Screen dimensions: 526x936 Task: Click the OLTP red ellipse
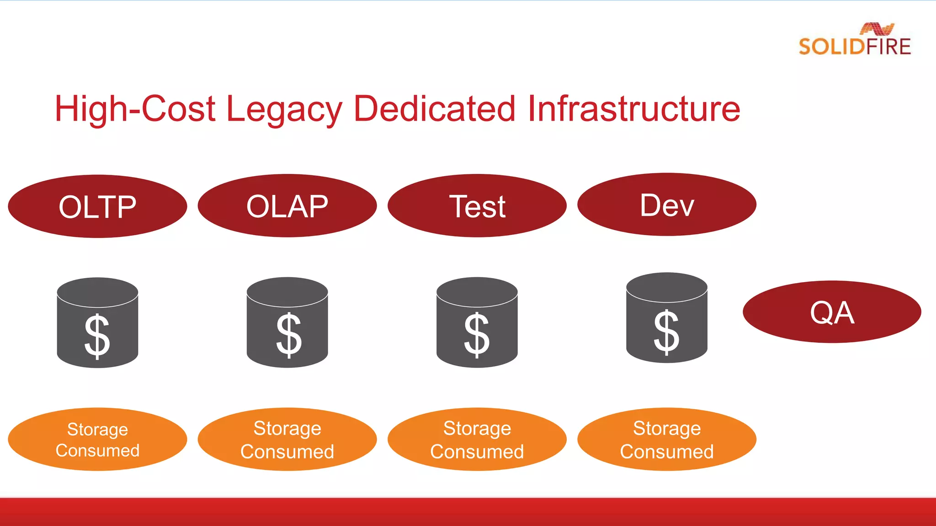click(97, 206)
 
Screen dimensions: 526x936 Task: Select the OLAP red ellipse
click(287, 206)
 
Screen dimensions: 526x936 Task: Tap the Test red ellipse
click(477, 206)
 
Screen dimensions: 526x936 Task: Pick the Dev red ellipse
click(667, 205)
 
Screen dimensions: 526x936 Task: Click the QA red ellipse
click(832, 312)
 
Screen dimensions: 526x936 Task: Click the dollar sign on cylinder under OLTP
click(97, 337)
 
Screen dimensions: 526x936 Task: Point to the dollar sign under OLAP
click(288, 336)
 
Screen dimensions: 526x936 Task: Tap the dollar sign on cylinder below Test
click(477, 336)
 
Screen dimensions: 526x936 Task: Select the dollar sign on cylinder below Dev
click(666, 332)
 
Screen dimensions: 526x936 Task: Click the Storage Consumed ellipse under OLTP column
click(97, 439)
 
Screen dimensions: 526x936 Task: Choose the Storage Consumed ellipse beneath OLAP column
click(287, 439)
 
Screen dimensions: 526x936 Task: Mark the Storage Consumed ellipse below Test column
click(477, 439)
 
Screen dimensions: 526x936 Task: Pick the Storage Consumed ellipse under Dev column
click(667, 439)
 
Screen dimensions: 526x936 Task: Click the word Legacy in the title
click(284, 110)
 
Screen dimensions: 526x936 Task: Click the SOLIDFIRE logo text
click(855, 47)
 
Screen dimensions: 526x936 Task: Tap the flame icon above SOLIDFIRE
click(877, 29)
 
